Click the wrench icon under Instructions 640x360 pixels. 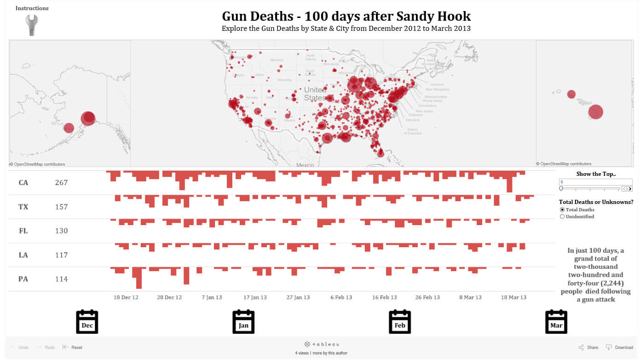[32, 24]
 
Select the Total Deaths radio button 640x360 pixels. [562, 210]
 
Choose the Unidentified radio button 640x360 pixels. [562, 217]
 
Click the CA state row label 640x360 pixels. [23, 183]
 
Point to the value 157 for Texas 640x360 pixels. [61, 207]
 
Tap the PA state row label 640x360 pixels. [23, 279]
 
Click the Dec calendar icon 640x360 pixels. [87, 322]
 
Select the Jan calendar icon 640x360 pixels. [243, 322]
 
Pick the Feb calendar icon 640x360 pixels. [400, 322]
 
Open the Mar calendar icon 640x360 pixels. [556, 322]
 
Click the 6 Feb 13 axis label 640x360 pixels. [341, 297]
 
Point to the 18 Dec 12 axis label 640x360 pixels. [126, 297]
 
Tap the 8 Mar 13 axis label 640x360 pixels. [470, 297]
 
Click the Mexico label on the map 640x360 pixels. [305, 165]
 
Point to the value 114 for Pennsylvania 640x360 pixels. [61, 279]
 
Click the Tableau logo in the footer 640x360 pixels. [322, 344]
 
